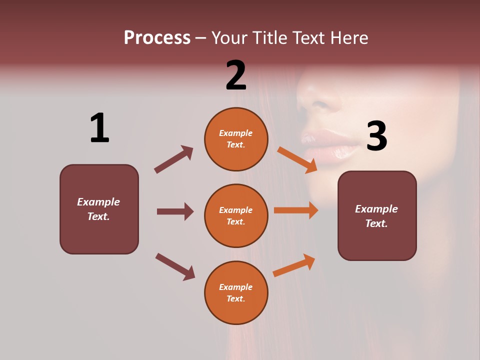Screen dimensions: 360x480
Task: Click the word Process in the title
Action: pos(157,38)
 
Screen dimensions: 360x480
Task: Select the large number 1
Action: pos(99,128)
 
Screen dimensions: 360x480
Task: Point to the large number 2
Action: pos(236,75)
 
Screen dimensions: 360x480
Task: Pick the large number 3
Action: pos(376,136)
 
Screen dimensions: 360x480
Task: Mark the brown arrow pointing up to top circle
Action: pos(173,159)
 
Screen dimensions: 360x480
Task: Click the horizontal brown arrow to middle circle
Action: pos(175,211)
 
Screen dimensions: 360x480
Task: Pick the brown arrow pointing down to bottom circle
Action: pos(175,266)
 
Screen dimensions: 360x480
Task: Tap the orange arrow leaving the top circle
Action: pos(297,159)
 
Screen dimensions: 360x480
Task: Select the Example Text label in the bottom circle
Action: pos(236,293)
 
